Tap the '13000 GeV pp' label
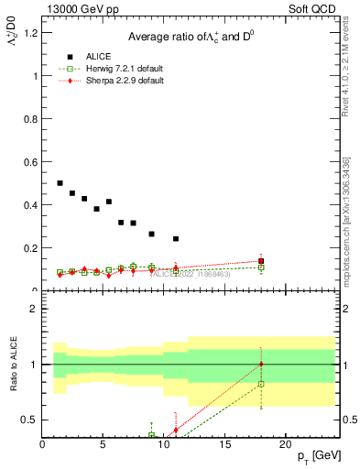[x=76, y=10]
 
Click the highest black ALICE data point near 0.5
[x=60, y=183]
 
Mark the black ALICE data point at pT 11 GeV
[x=176, y=239]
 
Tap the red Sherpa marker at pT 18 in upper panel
[x=261, y=261]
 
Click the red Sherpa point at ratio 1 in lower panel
[x=261, y=364]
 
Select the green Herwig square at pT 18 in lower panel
[x=261, y=384]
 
